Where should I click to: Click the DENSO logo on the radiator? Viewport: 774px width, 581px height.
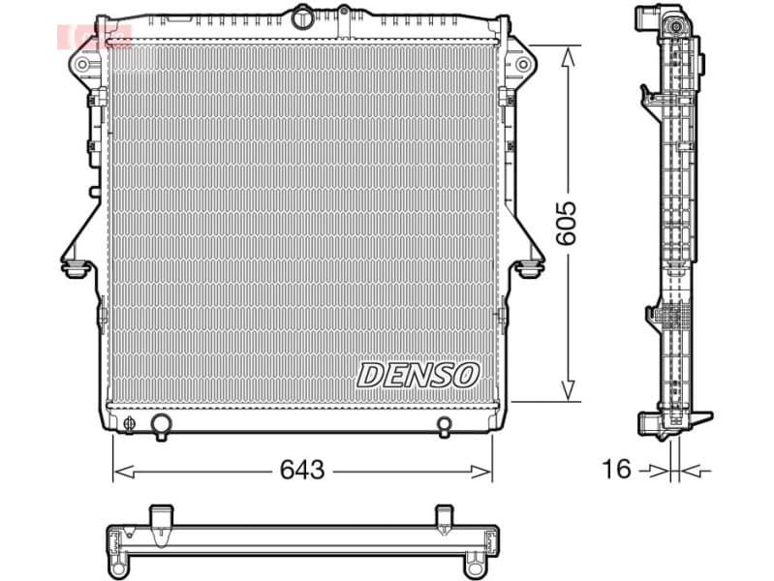point(418,375)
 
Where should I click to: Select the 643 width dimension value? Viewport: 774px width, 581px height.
point(301,471)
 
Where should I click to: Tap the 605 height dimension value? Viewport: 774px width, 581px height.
point(568,223)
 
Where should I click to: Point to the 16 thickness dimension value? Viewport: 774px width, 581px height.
point(616,471)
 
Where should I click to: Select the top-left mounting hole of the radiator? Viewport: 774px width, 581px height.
point(82,65)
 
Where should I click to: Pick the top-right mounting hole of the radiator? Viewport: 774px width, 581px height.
point(523,65)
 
